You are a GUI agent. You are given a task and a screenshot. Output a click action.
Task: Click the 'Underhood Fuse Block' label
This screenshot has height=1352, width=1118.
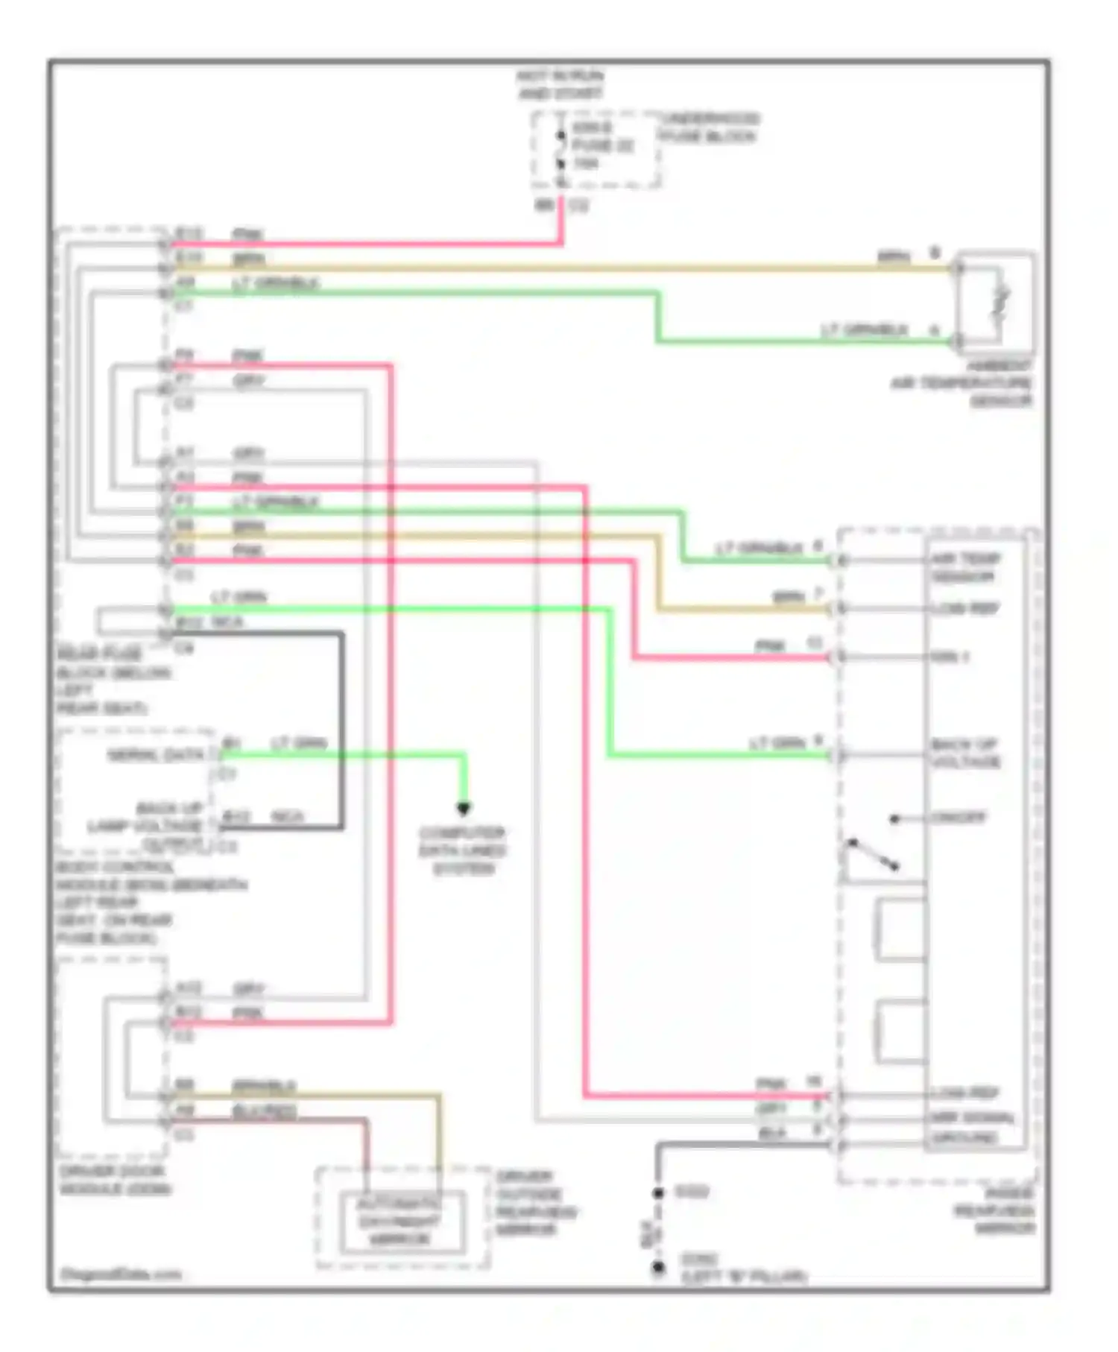pos(708,127)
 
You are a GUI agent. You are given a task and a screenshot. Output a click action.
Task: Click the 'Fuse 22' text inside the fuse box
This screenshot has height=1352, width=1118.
pos(602,145)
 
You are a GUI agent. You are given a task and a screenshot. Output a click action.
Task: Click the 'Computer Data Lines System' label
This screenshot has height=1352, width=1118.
pos(462,850)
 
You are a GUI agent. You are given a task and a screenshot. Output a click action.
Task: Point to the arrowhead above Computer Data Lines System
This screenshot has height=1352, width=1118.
pos(463,808)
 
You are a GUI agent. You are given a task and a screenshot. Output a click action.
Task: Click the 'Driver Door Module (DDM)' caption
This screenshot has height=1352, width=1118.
pos(115,1180)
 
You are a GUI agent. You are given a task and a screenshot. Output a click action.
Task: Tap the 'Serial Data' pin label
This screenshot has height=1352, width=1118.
pos(154,755)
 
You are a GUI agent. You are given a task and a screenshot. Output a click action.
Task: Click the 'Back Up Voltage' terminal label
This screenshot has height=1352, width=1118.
pos(965,753)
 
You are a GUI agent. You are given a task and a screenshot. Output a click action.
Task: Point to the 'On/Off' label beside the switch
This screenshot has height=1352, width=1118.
pos(958,818)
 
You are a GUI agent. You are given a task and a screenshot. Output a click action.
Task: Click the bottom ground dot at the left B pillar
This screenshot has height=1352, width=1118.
pos(658,1266)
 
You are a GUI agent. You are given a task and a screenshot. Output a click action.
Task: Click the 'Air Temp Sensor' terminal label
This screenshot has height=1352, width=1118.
pos(965,567)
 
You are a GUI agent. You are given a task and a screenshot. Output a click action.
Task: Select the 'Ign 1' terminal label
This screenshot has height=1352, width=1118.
pos(950,657)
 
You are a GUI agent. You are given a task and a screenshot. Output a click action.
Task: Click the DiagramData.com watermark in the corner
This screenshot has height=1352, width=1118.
pos(120,1274)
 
